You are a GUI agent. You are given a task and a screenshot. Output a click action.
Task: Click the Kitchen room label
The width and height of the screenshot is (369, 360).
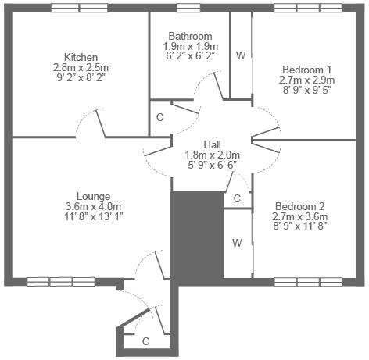(81, 57)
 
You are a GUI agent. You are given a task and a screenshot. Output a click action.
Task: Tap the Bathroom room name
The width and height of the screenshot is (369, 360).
(190, 36)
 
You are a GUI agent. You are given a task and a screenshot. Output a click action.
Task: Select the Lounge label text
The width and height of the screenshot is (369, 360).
(94, 197)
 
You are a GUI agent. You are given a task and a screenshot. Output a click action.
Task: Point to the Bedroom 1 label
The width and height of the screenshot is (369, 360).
(307, 70)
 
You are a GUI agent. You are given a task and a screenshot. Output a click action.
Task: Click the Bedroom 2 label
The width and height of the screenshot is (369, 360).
(300, 206)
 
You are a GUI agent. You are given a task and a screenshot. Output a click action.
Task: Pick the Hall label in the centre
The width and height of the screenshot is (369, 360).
(212, 144)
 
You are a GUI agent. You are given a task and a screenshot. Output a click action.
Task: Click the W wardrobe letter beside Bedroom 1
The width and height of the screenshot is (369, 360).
(241, 55)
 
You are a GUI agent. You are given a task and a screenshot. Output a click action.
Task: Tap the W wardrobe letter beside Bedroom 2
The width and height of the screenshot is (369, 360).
(237, 243)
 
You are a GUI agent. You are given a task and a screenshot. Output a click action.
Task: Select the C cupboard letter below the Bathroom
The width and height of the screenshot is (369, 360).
(159, 117)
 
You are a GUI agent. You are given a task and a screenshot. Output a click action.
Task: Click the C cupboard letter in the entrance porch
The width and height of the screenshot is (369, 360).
(146, 341)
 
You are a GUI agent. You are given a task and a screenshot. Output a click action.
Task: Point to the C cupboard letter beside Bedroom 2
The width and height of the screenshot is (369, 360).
(237, 198)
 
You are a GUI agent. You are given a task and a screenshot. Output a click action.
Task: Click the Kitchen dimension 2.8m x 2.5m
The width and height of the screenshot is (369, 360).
(81, 68)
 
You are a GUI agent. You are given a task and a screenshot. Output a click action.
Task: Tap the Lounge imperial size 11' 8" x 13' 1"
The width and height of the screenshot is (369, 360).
(94, 216)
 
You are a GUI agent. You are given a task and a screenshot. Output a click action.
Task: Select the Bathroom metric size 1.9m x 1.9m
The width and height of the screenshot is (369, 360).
(191, 47)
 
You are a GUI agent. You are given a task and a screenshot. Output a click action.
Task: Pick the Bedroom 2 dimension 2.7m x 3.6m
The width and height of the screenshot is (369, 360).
(300, 216)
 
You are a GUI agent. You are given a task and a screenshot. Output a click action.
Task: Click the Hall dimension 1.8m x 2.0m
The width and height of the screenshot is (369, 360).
(212, 155)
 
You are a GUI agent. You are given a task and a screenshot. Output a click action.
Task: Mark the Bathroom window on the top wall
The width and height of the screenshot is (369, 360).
(188, 8)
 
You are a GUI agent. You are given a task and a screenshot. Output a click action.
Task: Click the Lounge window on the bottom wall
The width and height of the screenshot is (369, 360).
(61, 282)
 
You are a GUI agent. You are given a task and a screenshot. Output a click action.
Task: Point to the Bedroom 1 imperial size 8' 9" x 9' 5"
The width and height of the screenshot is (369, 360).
(307, 90)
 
